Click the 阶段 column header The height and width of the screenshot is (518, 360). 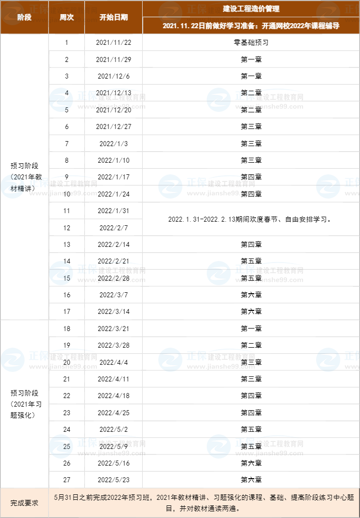pos(24,17)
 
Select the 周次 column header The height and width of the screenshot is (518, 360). pos(67,17)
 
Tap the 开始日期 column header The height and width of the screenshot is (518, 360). pos(113,17)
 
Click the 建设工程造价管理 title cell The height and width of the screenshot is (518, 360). pos(251,9)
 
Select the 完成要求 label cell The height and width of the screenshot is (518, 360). pos(24,503)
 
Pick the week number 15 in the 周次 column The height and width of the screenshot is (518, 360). pos(67,278)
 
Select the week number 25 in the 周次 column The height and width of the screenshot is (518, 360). pos(67,446)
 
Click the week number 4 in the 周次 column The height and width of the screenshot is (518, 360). pos(67,93)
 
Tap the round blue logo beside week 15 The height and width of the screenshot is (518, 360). pos(61,273)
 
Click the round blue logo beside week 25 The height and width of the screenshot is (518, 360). pos(61,446)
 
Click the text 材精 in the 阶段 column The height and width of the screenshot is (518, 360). pos(17,188)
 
